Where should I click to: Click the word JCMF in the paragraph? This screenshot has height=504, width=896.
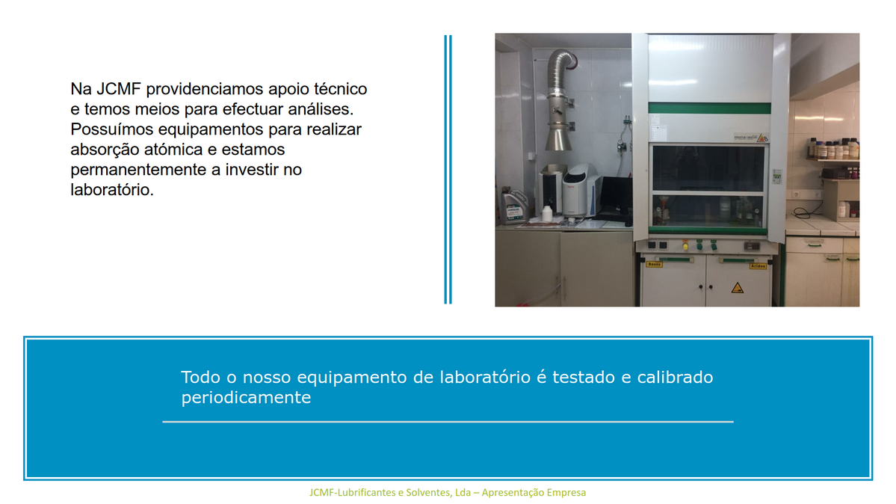[118, 89]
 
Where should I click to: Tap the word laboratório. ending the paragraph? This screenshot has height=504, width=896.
[112, 189]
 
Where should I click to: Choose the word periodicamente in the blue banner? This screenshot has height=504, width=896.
[247, 398]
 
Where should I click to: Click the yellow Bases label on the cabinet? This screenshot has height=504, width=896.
[655, 264]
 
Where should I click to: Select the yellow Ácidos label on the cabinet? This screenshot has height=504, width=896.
[758, 266]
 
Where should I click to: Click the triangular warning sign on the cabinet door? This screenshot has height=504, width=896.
[738, 287]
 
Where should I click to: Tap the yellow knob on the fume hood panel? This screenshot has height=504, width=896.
[685, 247]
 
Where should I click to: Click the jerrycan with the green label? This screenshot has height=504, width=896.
[513, 206]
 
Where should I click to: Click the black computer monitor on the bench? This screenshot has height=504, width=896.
[616, 194]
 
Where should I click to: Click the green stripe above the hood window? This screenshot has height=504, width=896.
[709, 108]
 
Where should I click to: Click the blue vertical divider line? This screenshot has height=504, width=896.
[448, 169]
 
